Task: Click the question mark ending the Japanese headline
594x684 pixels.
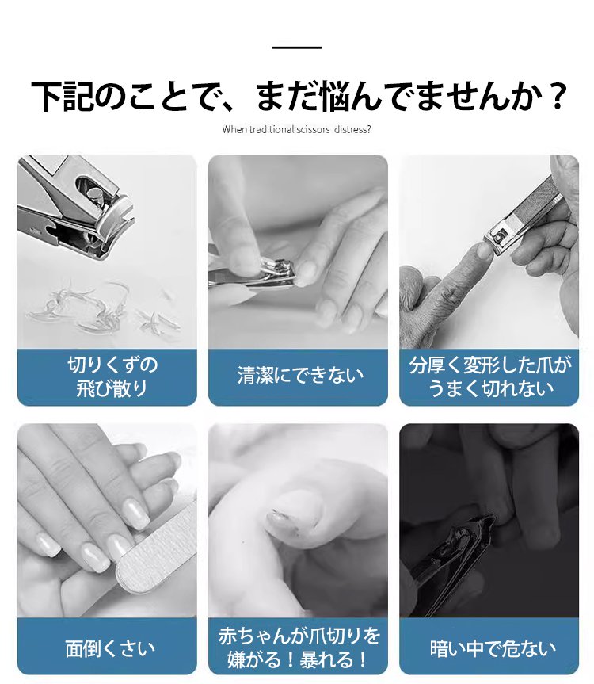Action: coord(556,97)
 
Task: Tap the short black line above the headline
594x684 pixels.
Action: coord(297,47)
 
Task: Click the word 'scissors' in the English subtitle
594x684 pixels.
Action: coord(313,129)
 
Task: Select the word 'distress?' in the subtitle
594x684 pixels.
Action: coord(353,129)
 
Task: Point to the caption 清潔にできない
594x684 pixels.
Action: coord(300,375)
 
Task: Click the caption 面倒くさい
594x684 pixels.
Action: coord(110,648)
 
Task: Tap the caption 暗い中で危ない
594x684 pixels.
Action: coord(493,648)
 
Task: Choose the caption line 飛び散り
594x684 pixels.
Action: coord(112,388)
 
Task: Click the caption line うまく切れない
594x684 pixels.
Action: coord(491,388)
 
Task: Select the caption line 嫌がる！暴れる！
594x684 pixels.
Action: coord(298,659)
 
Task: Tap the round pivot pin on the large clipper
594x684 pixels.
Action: coord(95,195)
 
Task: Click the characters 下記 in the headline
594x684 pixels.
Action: coord(63,97)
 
